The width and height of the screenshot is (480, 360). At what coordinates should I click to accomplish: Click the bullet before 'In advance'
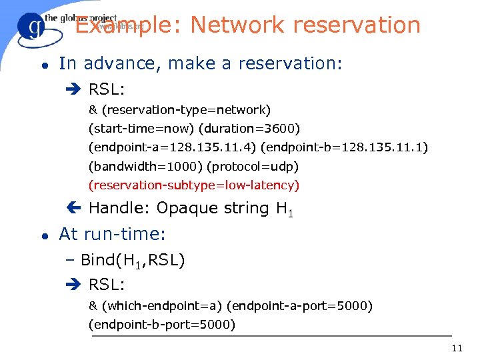point(43,65)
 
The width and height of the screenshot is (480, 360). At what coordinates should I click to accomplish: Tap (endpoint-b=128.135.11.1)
point(345,147)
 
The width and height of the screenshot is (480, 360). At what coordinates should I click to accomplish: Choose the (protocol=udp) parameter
point(253,166)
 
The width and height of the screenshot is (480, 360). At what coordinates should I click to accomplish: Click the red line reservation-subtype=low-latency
point(194,185)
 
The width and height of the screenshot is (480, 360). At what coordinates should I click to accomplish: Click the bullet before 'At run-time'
point(43,235)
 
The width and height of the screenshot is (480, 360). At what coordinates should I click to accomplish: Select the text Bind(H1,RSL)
point(133,261)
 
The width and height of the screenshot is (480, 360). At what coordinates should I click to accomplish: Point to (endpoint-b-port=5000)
point(162,325)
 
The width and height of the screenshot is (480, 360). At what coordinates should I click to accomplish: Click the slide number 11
point(457,348)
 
